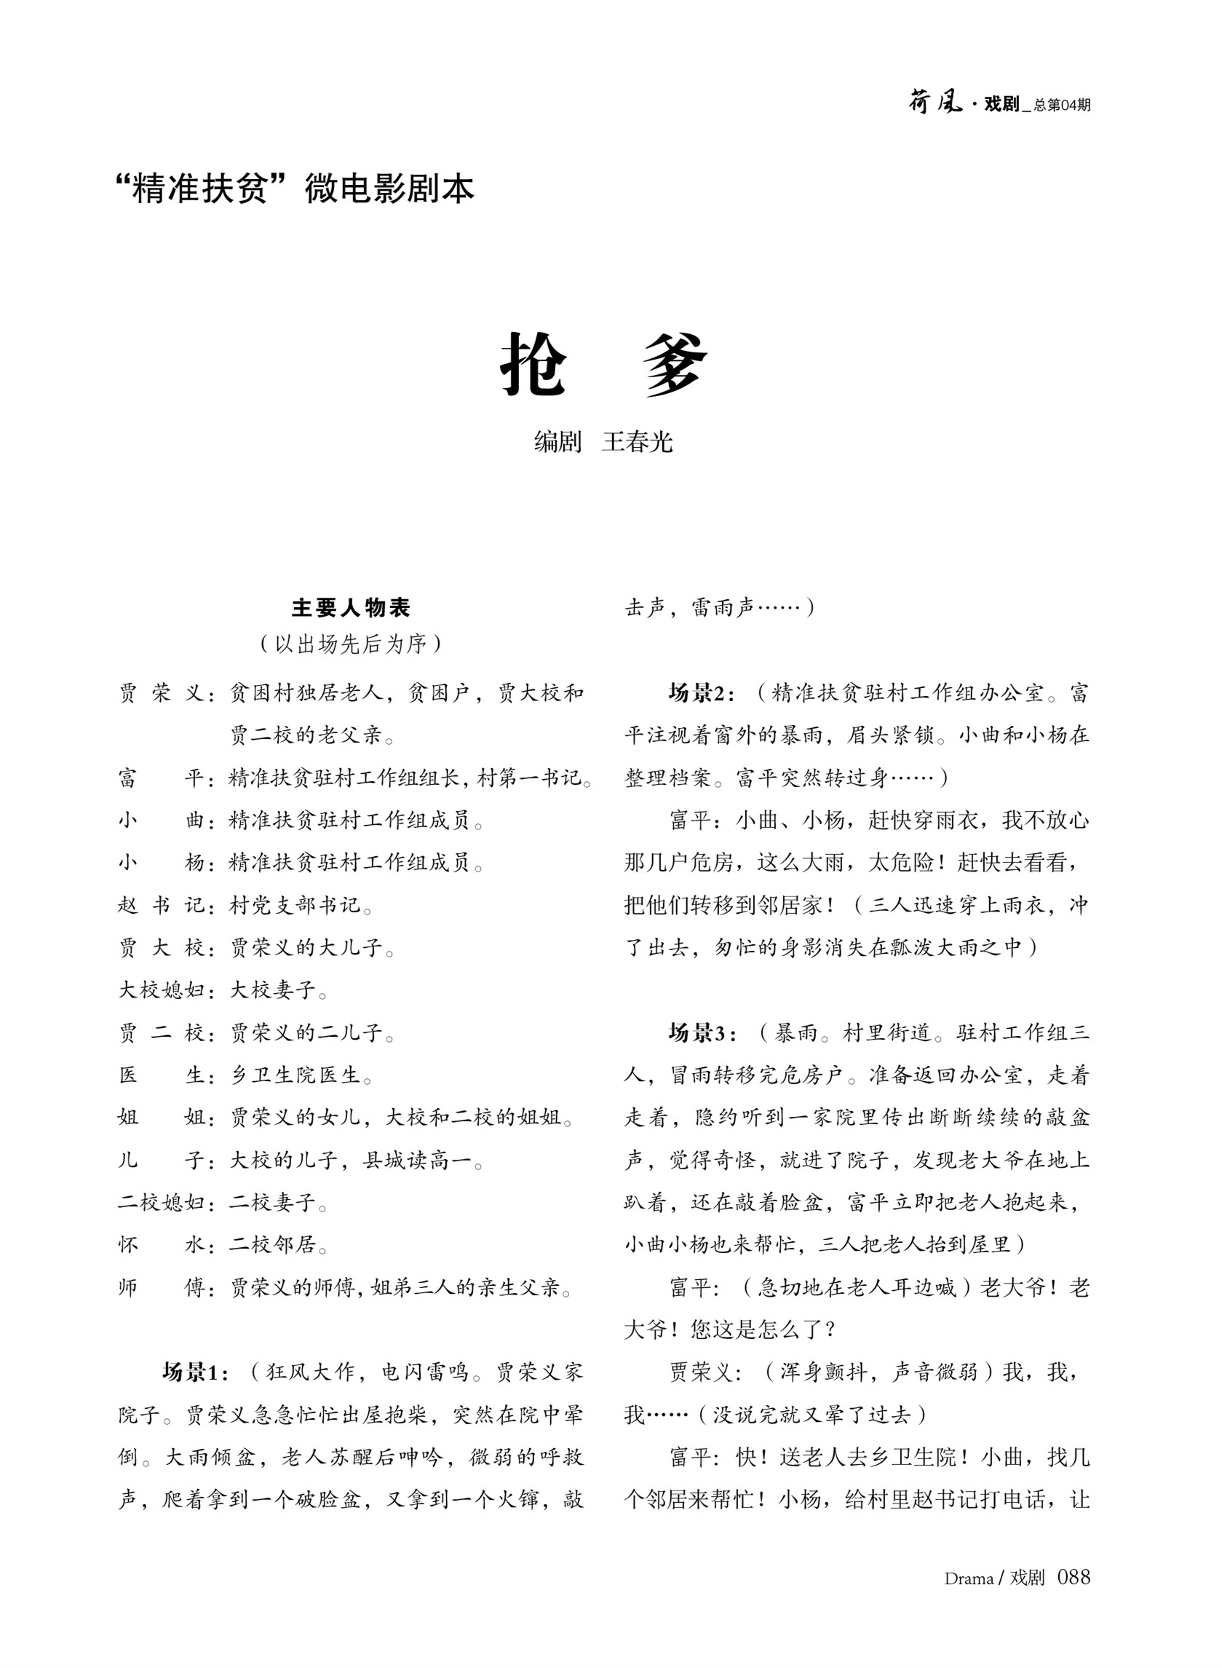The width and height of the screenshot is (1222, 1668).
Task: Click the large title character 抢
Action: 533,363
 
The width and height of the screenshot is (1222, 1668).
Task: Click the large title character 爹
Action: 675,363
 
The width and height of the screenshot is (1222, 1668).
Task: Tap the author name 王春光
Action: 637,442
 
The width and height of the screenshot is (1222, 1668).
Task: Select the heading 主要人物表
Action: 351,607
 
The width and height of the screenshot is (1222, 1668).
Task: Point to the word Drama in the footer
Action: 968,1578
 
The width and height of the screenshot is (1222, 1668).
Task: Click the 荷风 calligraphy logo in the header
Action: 935,102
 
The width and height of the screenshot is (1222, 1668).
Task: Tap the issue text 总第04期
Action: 1062,105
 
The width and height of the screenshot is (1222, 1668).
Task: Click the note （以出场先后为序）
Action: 351,644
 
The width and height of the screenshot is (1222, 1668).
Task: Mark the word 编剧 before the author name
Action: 558,442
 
